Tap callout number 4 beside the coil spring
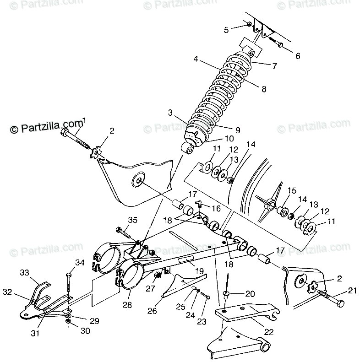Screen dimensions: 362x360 [196, 59]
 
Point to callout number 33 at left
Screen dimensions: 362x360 [24, 272]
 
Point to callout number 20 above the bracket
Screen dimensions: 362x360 [249, 293]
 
